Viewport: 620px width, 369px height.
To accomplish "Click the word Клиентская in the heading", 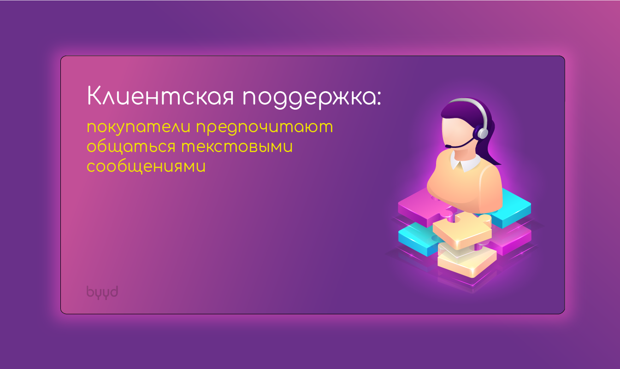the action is (x=160, y=96).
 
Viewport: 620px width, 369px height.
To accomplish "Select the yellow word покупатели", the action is (x=138, y=128).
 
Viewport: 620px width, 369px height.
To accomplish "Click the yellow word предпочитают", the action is (x=265, y=128).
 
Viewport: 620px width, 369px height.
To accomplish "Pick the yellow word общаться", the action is (x=131, y=146).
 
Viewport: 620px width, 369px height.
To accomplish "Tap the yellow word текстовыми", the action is (x=237, y=146).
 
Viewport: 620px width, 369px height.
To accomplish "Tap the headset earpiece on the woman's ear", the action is (x=482, y=132).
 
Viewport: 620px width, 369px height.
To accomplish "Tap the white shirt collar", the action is (x=466, y=163).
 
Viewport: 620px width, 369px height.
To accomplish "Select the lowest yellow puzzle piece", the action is (x=467, y=260).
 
